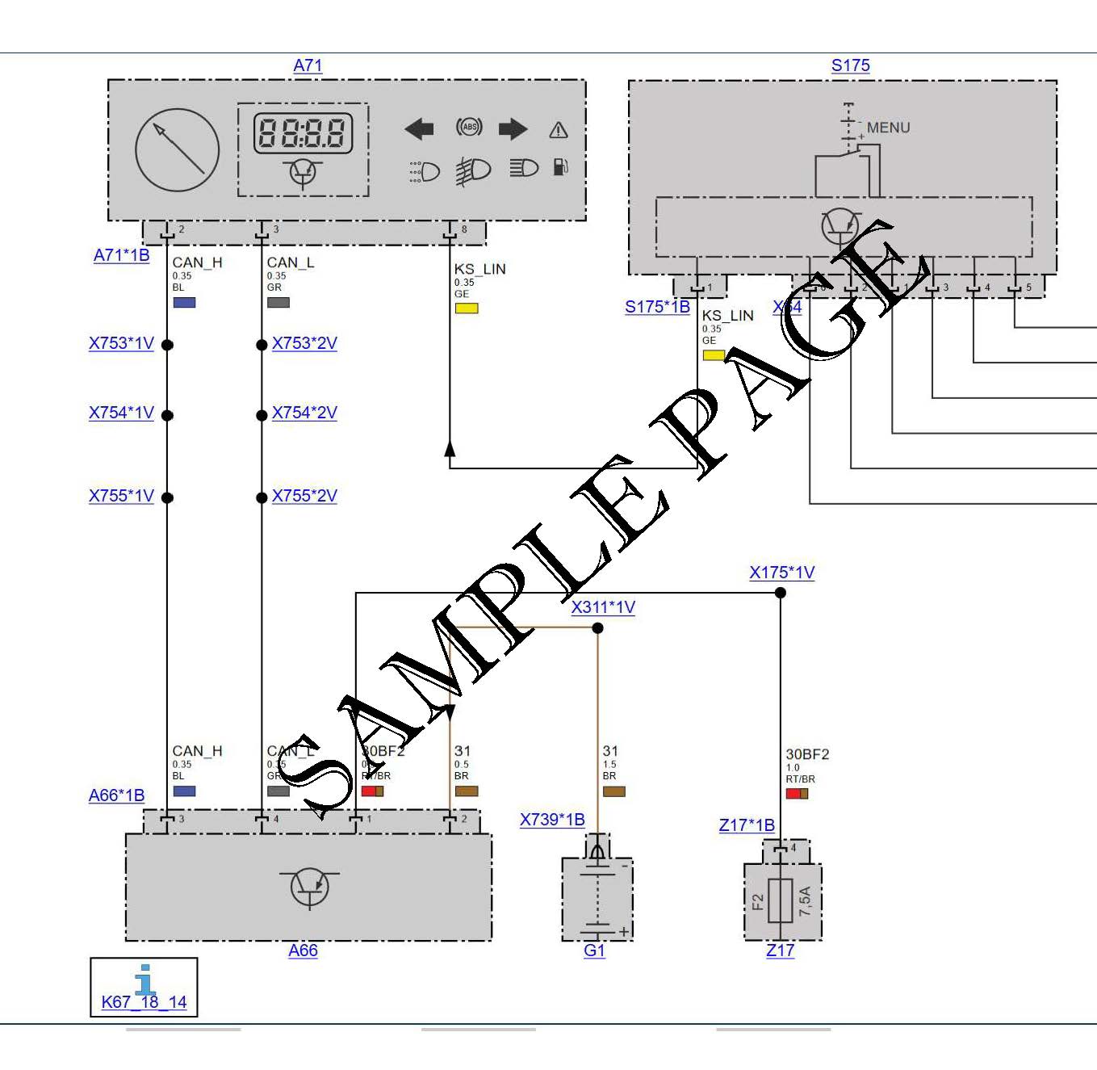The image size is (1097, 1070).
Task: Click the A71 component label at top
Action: point(308,65)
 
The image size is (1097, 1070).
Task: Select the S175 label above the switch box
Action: point(850,65)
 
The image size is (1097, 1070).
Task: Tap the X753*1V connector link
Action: point(121,343)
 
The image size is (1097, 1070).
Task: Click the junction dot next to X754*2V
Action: point(262,415)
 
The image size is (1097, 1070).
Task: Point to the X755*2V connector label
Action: point(304,496)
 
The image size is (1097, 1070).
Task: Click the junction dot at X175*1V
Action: point(781,593)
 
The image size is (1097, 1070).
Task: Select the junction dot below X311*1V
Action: point(597,628)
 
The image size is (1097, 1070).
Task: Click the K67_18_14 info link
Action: point(144,1002)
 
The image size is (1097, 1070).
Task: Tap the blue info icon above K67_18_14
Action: point(145,979)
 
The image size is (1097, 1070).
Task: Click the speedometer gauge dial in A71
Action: point(178,150)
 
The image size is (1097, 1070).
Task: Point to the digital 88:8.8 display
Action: point(303,133)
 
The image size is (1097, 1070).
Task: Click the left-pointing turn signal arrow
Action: point(419,128)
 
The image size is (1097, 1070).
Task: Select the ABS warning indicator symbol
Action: point(469,127)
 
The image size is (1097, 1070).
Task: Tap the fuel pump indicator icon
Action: point(560,167)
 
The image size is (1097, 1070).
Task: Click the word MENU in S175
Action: point(888,128)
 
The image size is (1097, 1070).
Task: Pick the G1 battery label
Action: point(594,950)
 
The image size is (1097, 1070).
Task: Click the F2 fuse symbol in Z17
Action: point(781,900)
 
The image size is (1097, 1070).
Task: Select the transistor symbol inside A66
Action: point(310,887)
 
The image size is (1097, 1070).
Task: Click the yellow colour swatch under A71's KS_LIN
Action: point(467,308)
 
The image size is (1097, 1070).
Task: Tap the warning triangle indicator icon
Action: point(559,130)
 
